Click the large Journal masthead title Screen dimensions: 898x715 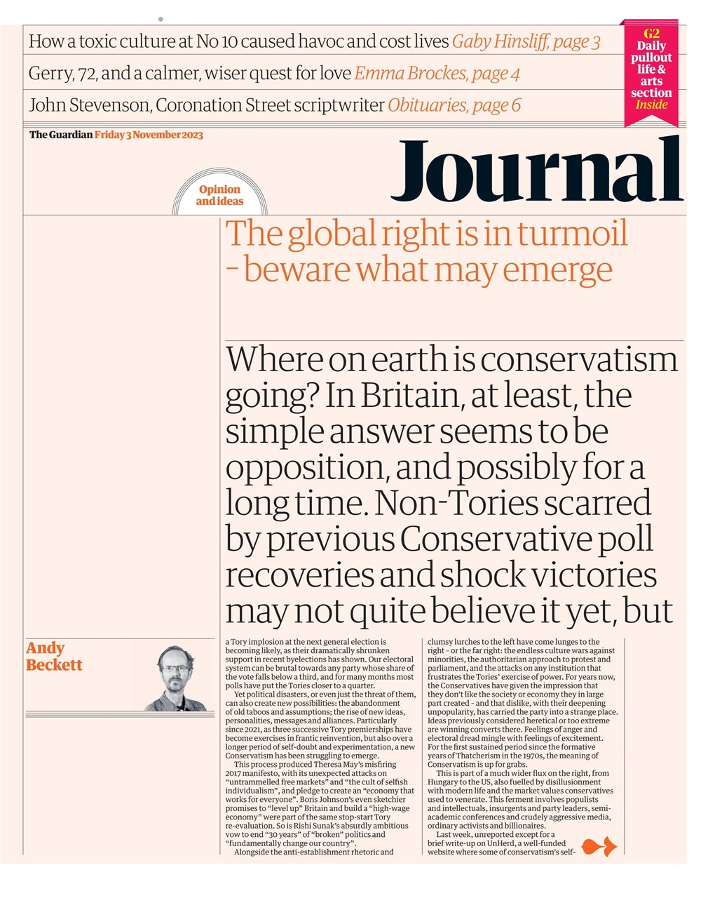[536, 170]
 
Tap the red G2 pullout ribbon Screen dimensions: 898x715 [651, 70]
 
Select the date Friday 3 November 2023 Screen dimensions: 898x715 [149, 135]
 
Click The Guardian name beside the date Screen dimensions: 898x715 [60, 135]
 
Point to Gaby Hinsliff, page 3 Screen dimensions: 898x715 [526, 41]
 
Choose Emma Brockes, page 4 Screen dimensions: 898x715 [437, 73]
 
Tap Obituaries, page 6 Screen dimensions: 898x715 [454, 105]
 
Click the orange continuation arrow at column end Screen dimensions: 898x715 [599, 847]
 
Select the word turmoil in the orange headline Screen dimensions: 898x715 [573, 234]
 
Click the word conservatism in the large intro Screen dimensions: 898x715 [580, 359]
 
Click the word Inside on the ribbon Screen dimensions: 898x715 [651, 105]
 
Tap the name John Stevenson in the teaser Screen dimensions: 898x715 [89, 105]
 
